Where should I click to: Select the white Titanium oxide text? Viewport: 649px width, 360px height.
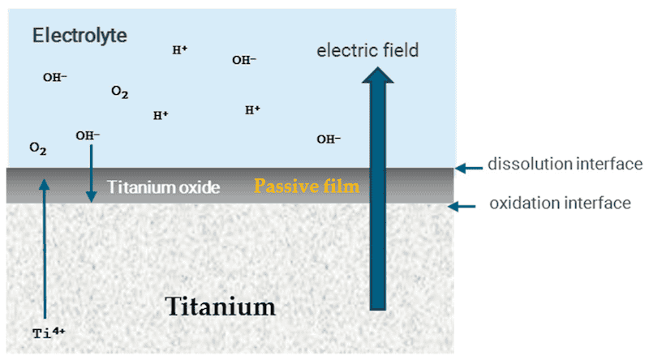[x=164, y=187]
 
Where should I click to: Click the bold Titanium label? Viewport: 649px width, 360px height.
[x=221, y=306]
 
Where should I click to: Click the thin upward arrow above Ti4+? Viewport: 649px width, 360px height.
[x=45, y=243]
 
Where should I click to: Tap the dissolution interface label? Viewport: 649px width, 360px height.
[x=554, y=166]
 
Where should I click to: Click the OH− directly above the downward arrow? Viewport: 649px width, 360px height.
[x=88, y=135]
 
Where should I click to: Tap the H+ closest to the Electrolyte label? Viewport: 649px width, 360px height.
[x=180, y=50]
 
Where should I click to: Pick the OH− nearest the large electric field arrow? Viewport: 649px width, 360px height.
[x=329, y=139]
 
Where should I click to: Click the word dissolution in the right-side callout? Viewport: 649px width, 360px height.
[x=526, y=166]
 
